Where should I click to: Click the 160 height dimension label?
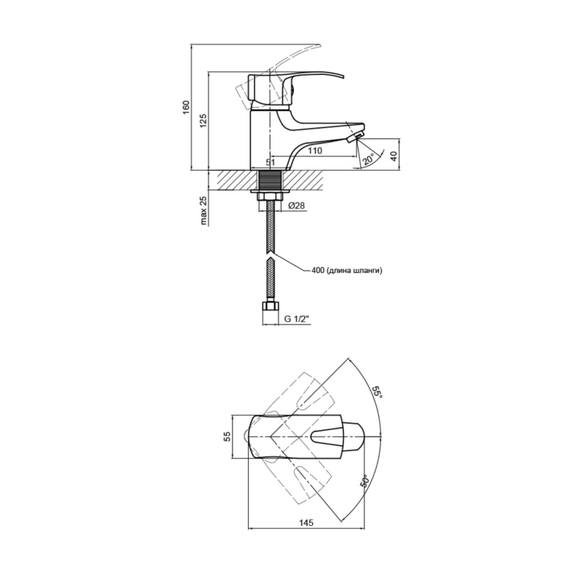click(186, 107)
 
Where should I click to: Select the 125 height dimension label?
click(204, 121)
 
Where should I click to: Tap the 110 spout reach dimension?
click(315, 151)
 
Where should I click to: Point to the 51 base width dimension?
click(270, 162)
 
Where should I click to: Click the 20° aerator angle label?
click(369, 159)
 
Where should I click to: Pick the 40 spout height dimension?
click(394, 156)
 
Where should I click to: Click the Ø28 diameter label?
click(297, 205)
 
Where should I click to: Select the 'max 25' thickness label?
click(204, 210)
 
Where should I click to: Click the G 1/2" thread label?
click(297, 319)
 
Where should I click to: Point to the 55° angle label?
click(377, 392)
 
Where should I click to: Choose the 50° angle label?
click(364, 481)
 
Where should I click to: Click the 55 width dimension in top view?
click(227, 436)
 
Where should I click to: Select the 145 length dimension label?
click(306, 523)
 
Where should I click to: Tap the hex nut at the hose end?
click(270, 307)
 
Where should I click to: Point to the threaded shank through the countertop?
click(270, 180)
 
